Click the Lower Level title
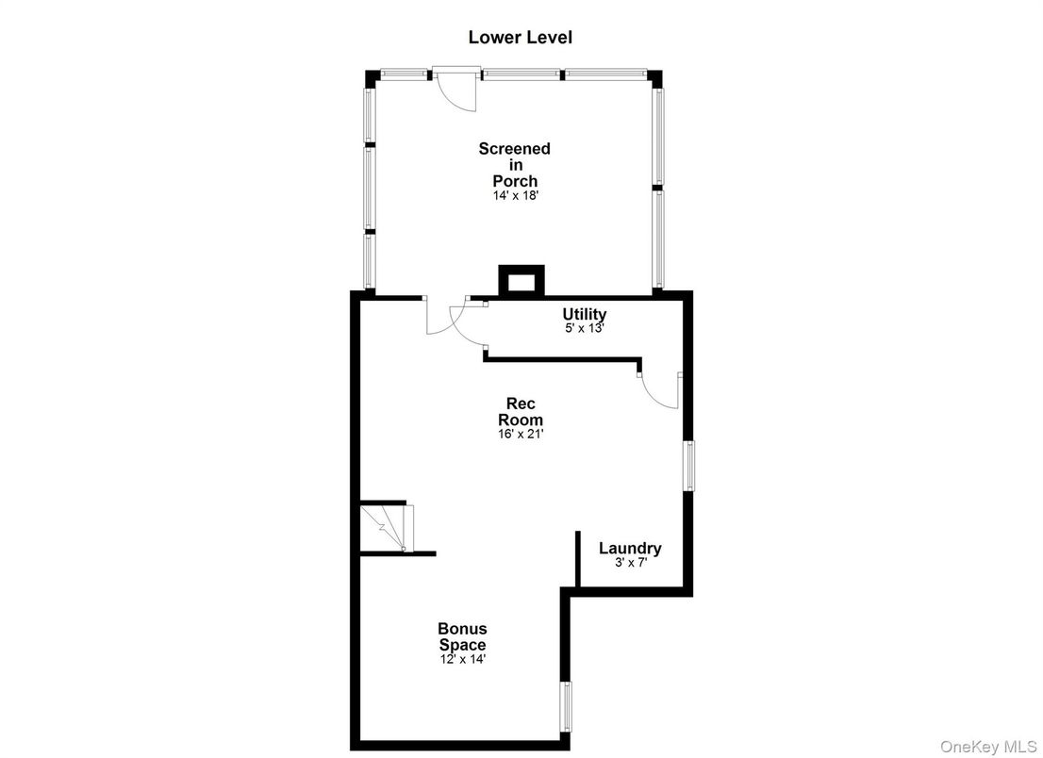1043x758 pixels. click(520, 38)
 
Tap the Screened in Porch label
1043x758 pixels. click(514, 164)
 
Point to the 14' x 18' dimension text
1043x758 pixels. click(514, 195)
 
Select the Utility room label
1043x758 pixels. click(584, 314)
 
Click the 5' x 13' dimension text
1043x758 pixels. click(584, 329)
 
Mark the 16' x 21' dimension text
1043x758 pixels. click(521, 435)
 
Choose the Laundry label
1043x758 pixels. click(630, 548)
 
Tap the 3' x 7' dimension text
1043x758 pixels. click(630, 563)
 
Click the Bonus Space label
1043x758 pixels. click(462, 636)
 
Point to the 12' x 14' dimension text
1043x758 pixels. click(462, 659)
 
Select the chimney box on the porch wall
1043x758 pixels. click(521, 281)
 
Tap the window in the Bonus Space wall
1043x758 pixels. click(566, 707)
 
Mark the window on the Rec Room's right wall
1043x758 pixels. click(689, 466)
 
